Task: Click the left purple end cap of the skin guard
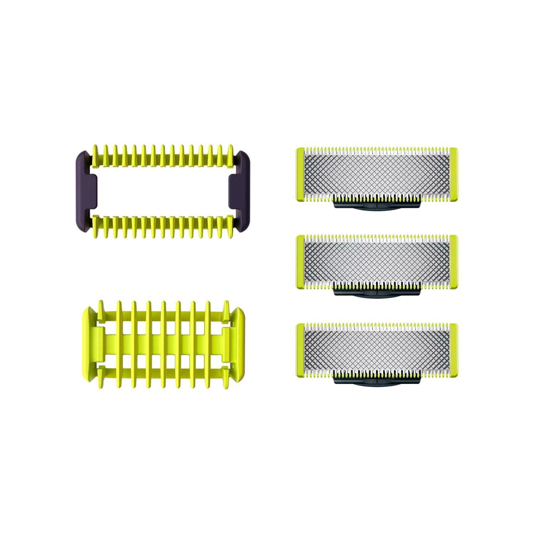85,190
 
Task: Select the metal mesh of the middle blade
377,262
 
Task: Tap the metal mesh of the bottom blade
377,350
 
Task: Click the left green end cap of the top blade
300,174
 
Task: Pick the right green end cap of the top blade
454,174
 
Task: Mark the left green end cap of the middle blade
300,262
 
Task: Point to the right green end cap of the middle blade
454,262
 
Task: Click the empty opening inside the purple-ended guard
162,190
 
